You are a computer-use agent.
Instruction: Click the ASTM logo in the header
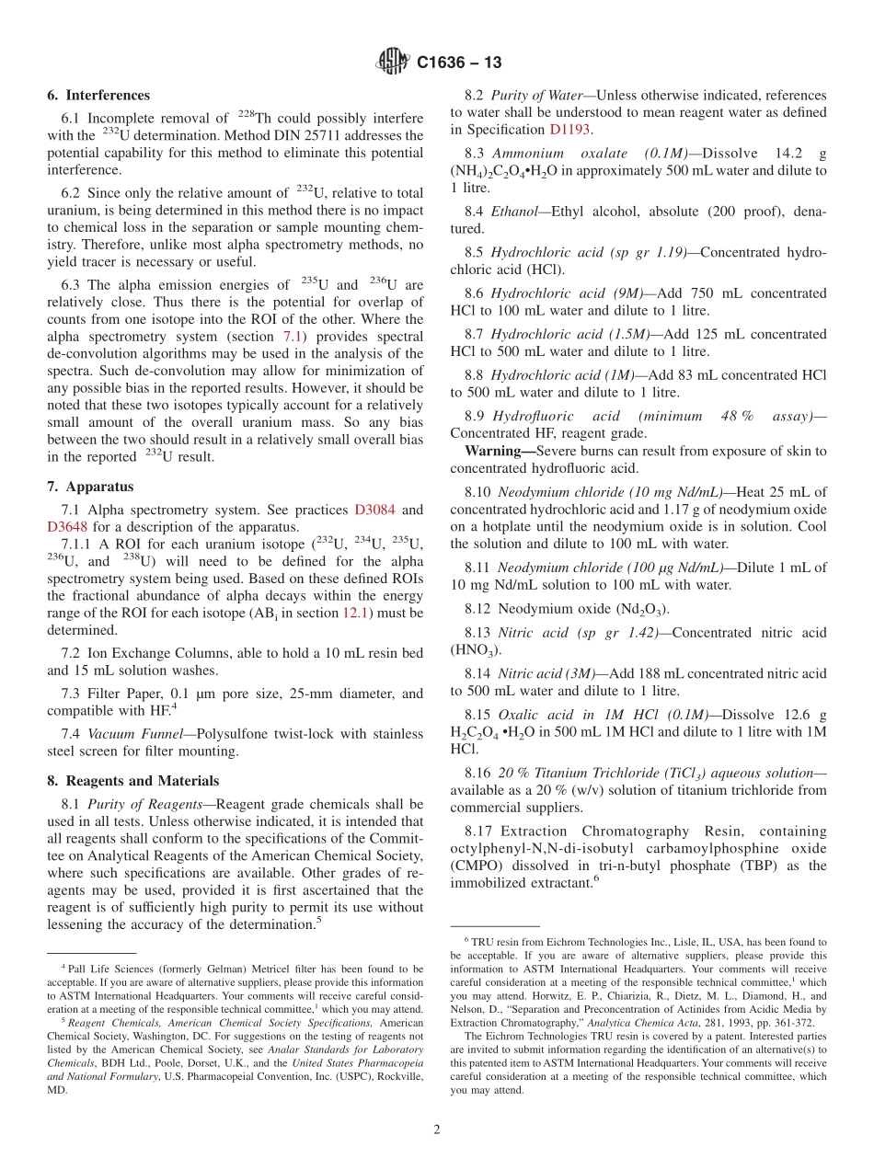click(394, 63)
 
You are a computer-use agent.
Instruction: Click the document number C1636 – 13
click(458, 63)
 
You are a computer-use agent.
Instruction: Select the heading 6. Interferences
click(98, 95)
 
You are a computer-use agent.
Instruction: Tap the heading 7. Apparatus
click(90, 487)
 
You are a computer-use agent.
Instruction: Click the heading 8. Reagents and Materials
click(133, 781)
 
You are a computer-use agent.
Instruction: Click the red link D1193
click(570, 130)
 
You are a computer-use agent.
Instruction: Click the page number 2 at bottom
click(437, 1130)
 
